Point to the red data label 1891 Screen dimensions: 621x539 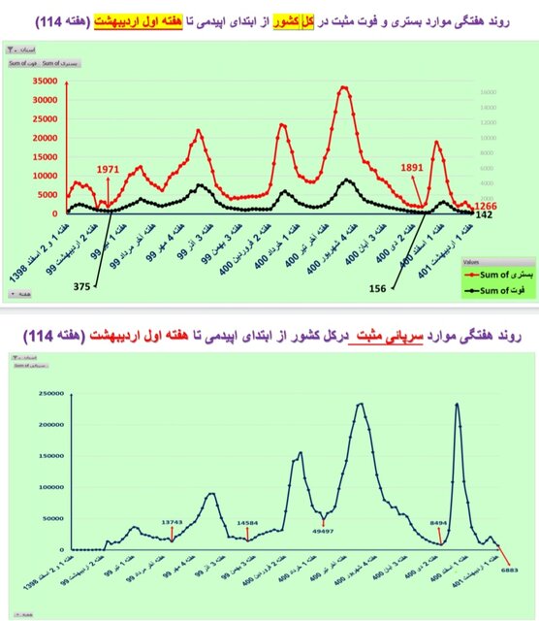[x=414, y=167]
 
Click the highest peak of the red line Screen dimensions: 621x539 [x=344, y=87]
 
